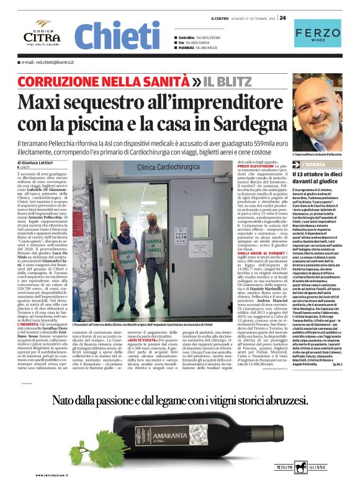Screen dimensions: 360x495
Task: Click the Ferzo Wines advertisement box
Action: coord(317,35)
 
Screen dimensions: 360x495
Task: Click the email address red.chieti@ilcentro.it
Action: coord(47,63)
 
